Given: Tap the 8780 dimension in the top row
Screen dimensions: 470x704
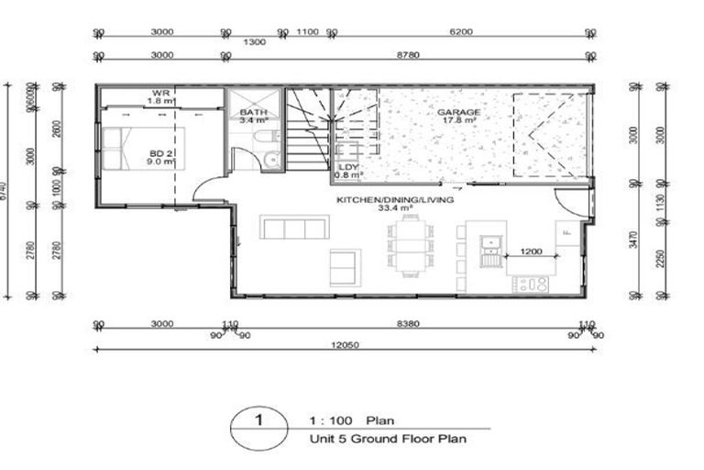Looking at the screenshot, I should (x=407, y=56).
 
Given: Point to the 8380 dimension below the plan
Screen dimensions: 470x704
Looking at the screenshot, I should (x=407, y=323).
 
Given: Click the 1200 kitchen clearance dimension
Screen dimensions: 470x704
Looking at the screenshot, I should (x=531, y=250).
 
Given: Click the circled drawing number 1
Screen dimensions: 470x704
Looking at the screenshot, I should (x=258, y=422).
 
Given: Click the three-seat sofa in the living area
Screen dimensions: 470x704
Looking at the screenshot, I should (x=294, y=227).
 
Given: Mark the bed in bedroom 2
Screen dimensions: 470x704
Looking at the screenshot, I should (x=143, y=150).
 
